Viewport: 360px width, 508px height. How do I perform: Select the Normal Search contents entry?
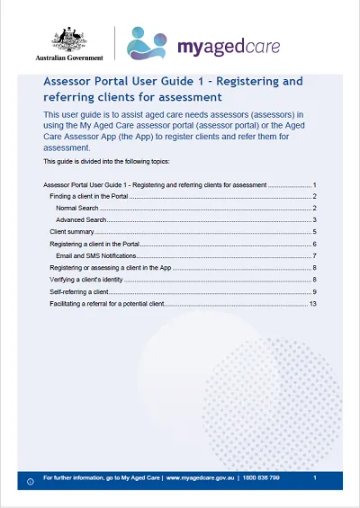click(x=76, y=208)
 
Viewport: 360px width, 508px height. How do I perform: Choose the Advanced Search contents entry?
click(x=81, y=219)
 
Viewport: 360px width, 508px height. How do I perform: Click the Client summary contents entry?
click(x=72, y=232)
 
